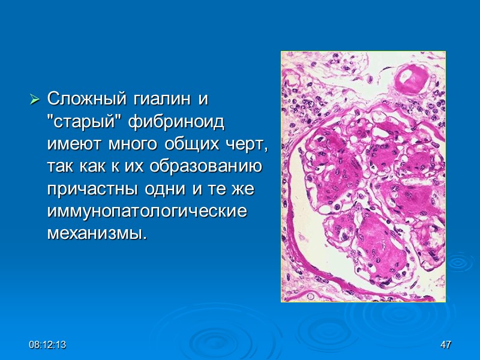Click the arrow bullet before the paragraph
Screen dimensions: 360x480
pyautogui.click(x=35, y=97)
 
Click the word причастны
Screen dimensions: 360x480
pyautogui.click(x=92, y=189)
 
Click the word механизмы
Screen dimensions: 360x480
pyautogui.click(x=96, y=234)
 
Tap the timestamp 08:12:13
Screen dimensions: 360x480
pyautogui.click(x=49, y=345)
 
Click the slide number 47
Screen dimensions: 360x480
pyautogui.click(x=445, y=345)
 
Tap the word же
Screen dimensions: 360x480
pyautogui.click(x=245, y=189)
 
